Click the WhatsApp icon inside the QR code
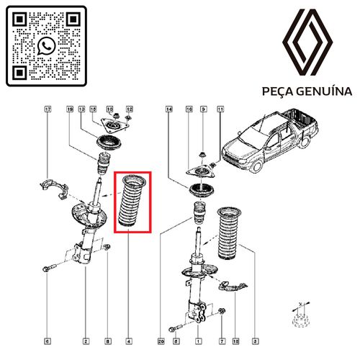(46, 46)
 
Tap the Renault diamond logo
(307, 42)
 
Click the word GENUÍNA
(324, 91)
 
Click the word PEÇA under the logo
(278, 92)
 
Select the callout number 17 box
(48, 109)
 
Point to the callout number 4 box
(129, 341)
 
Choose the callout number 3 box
(255, 341)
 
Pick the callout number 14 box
(169, 109)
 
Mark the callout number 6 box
(48, 341)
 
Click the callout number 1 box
(198, 341)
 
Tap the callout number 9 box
(204, 109)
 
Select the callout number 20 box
(161, 341)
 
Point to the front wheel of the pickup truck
(256, 166)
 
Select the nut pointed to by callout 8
(107, 247)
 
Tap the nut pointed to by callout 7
(222, 311)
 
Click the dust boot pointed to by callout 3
(229, 233)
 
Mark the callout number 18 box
(236, 341)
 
